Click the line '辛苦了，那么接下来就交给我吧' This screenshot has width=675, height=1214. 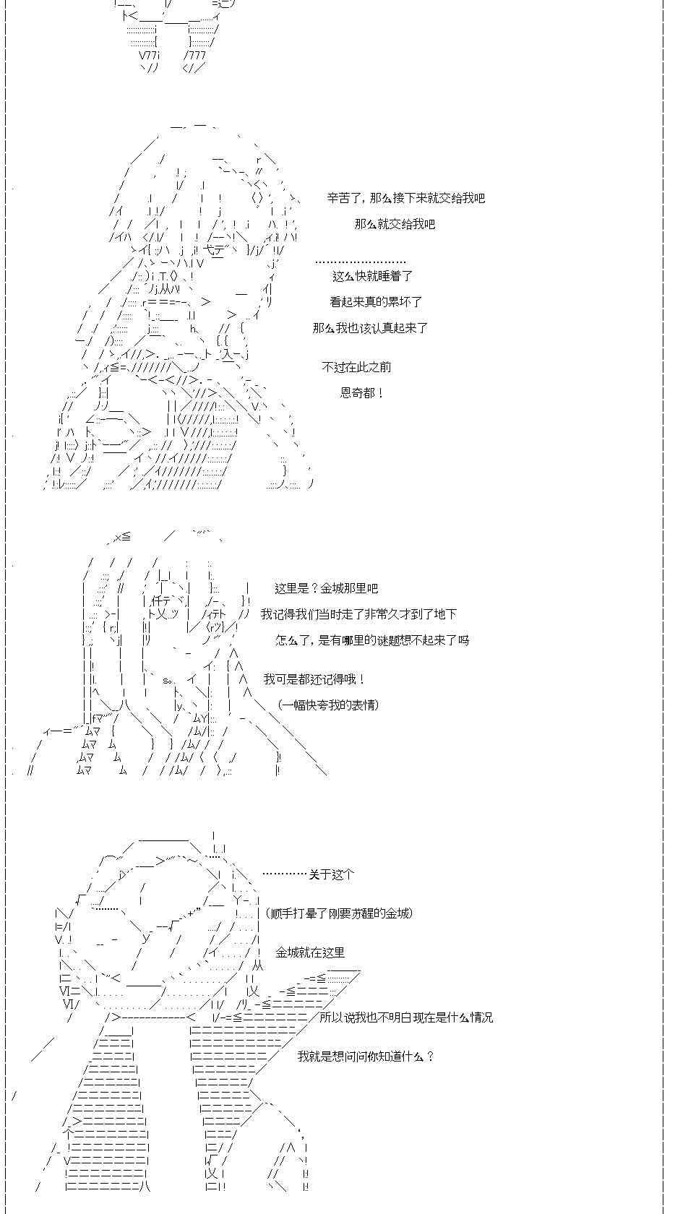coord(405,198)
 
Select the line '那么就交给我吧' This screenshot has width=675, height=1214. coord(395,224)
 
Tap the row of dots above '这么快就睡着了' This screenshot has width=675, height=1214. coord(361,262)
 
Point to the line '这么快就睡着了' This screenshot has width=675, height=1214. coord(372,276)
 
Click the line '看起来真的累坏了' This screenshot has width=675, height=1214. coord(376,302)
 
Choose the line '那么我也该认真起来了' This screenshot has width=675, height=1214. coord(370,328)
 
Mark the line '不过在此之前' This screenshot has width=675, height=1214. coord(356,367)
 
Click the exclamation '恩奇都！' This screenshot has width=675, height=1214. coord(362,393)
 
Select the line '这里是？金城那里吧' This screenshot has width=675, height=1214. coord(326,588)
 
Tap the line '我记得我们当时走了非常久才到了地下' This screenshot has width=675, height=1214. coord(358,614)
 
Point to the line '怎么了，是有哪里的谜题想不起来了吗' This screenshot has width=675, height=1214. coord(372,640)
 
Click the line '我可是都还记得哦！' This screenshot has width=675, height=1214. coord(314,679)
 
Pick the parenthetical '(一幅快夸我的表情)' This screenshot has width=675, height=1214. coord(328,705)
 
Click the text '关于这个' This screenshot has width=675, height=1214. coord(332,874)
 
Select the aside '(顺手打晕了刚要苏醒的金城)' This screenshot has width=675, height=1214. coord(339,913)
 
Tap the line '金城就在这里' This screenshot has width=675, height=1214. coord(310,952)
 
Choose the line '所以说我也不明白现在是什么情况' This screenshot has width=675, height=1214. coord(406,1017)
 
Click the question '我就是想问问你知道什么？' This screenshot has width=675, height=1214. coord(366,1056)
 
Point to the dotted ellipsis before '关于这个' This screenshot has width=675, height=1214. coord(285,874)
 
